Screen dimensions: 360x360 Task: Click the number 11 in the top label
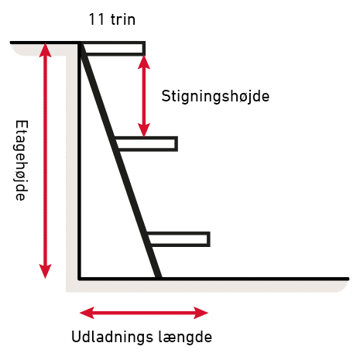pos(97,19)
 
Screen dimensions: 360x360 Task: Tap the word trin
pos(123,19)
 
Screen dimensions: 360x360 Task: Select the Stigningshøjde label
pos(215,97)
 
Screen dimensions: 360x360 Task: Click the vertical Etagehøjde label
pos(21,160)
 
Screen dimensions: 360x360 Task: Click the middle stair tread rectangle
pos(146,144)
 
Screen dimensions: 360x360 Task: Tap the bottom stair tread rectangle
pos(179,239)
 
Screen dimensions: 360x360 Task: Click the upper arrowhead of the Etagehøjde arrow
pos(46,49)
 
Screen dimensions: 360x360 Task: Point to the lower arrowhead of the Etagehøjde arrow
pos(46,272)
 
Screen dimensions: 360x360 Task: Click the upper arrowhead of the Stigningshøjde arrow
pos(144,62)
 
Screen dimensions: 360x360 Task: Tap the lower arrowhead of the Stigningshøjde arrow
pos(144,130)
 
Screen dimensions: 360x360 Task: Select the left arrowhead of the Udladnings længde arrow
pos(87,313)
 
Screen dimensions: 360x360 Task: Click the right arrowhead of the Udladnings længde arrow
pos(201,313)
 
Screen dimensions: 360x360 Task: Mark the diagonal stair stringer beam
pos(120,160)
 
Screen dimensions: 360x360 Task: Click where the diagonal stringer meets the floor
pos(159,279)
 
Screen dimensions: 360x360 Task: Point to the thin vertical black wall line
pos(79,160)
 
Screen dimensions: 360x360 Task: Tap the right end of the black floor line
pos(348,279)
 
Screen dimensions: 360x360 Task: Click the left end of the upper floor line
pos(11,43)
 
